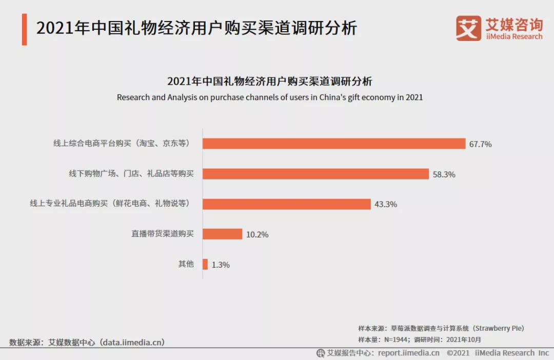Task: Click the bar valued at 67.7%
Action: pos(333,144)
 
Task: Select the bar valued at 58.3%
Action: pos(315,174)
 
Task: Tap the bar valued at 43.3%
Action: pos(286,204)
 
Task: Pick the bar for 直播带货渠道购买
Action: pos(222,234)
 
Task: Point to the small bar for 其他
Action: pos(205,264)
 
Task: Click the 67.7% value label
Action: pos(480,144)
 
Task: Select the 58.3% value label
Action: pos(444,174)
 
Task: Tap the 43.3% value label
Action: pos(386,204)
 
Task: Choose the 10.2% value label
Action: pos(257,234)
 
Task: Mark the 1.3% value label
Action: pos(221,265)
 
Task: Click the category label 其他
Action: pos(186,264)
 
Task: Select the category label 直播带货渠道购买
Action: pos(162,234)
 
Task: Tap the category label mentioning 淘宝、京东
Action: pos(122,144)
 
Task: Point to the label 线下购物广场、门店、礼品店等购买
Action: pos(131,174)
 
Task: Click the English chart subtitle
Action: pos(270,97)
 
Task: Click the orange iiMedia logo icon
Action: pos(468,28)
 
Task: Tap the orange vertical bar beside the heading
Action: pos(24,29)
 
